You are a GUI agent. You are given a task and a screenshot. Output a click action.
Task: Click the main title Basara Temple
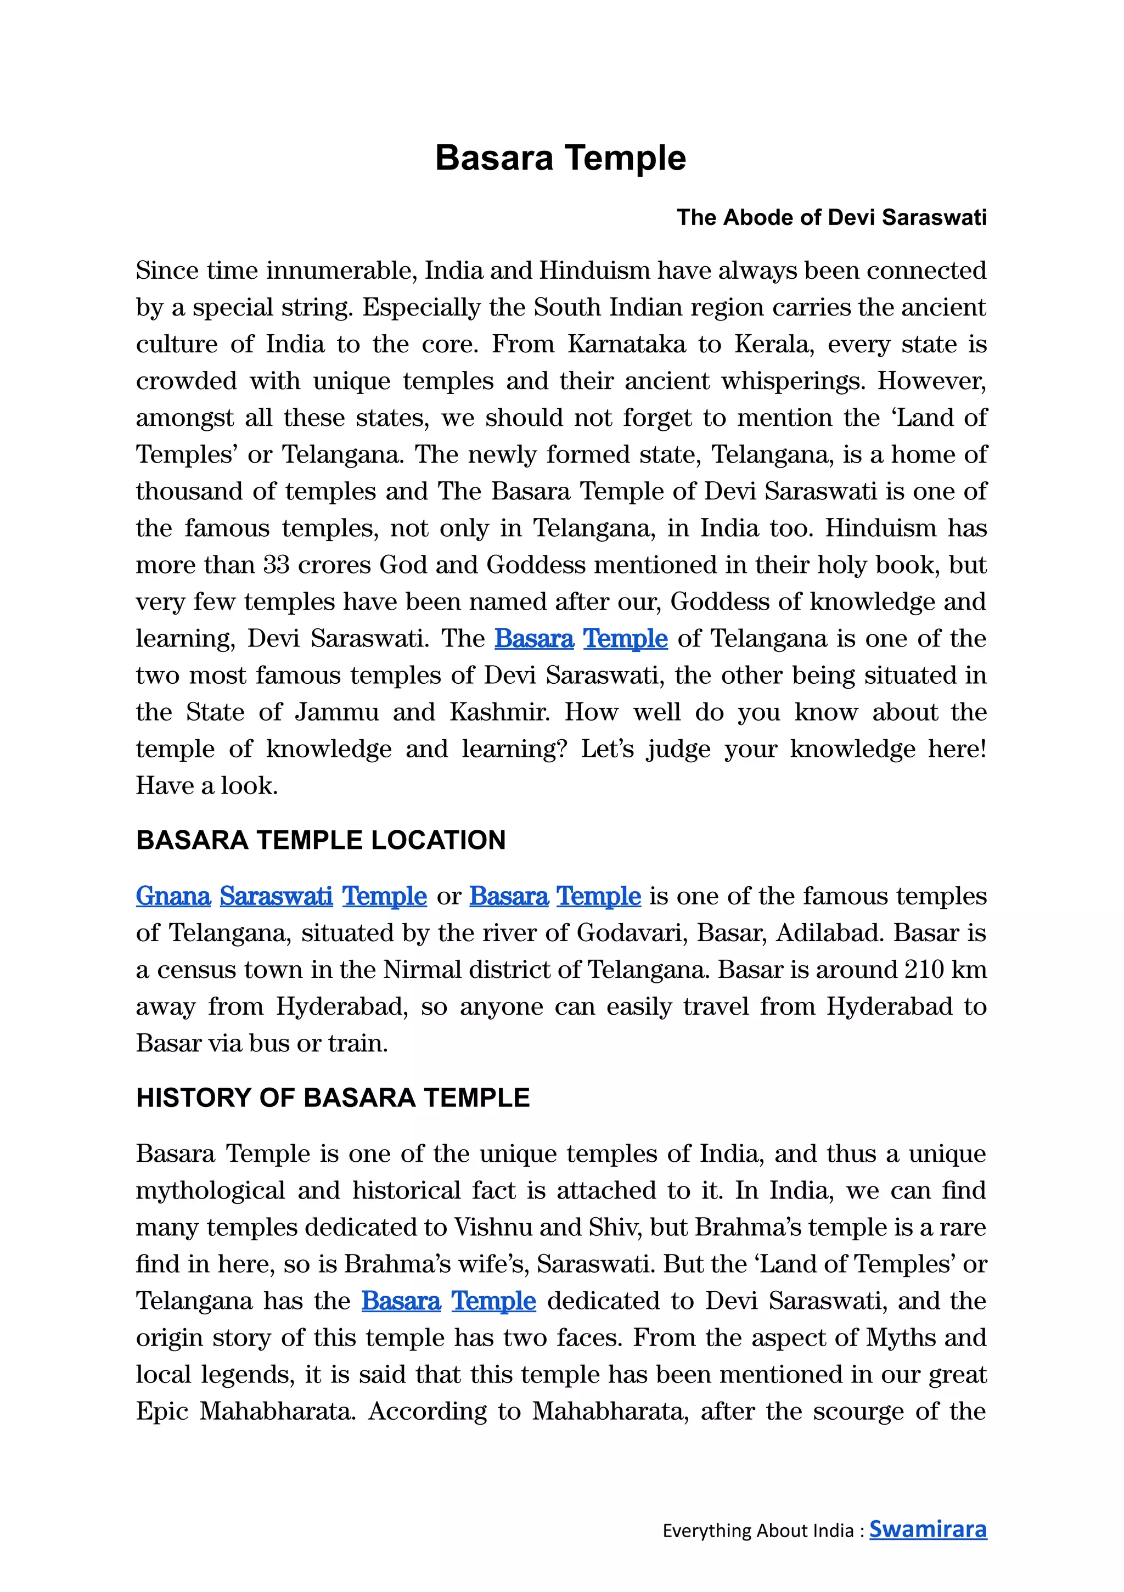pos(560,158)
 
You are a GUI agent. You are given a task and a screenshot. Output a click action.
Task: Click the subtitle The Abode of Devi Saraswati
pos(831,218)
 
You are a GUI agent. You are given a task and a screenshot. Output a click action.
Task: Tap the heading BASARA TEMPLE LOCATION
pos(321,840)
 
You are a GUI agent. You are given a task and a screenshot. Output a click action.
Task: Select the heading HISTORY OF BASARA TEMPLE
pos(333,1098)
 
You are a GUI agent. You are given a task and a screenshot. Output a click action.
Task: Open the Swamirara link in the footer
pos(928,1529)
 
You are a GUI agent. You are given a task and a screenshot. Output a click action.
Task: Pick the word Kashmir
pos(499,712)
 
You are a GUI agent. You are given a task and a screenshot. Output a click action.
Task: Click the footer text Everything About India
pos(758,1531)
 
